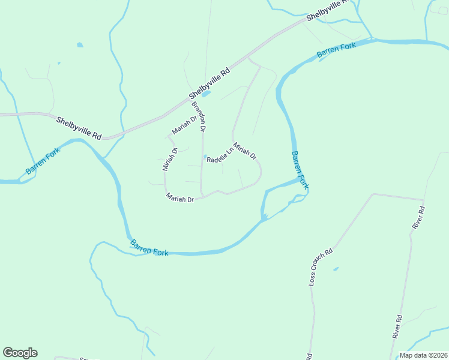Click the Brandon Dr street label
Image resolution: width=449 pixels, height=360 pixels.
(199, 116)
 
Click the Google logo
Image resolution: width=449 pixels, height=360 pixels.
(20, 353)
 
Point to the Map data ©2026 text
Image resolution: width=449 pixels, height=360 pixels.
(423, 355)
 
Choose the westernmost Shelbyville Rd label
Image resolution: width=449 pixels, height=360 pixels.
(79, 128)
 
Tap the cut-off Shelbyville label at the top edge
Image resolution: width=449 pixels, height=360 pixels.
(327, 11)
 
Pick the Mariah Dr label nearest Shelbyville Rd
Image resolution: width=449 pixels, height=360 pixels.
(184, 125)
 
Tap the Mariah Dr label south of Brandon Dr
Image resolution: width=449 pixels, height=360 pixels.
(180, 199)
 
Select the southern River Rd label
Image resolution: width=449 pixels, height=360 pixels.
(397, 326)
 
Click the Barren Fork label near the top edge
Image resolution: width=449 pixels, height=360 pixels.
(336, 50)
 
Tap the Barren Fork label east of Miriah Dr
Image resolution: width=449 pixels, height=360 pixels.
(300, 170)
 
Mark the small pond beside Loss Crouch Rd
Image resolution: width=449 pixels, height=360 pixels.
(336, 268)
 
